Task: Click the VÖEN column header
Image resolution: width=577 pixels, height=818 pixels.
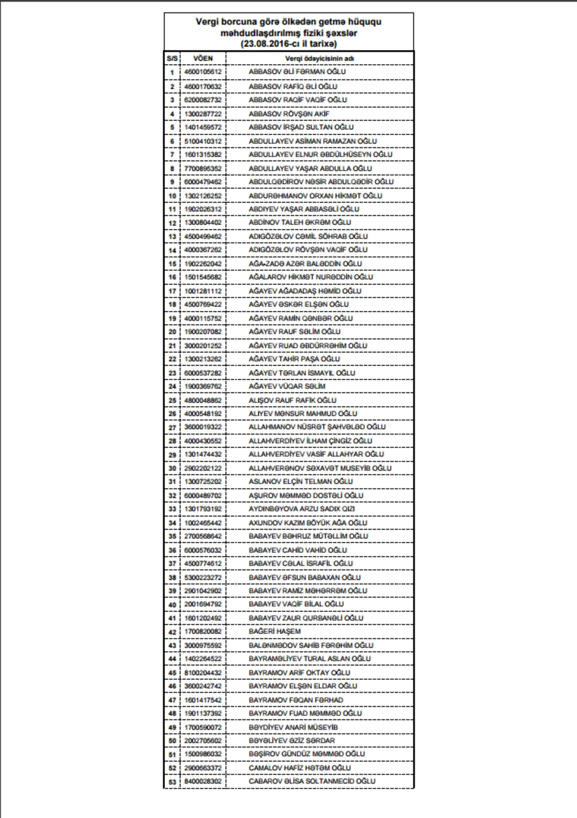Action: [203, 58]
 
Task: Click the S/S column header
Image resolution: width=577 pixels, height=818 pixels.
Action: [172, 59]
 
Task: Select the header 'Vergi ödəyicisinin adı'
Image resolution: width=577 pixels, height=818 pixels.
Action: [319, 59]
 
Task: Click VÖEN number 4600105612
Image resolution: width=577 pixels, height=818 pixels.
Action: [203, 72]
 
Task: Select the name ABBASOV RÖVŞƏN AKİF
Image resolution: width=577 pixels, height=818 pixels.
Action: [289, 114]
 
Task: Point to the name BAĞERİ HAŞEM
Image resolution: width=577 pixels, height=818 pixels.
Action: [275, 631]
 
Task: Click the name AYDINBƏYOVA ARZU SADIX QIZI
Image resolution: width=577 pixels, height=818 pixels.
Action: [301, 509]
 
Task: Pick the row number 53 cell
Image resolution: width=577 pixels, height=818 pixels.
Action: [172, 782]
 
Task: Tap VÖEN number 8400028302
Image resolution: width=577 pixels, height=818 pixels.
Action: [203, 781]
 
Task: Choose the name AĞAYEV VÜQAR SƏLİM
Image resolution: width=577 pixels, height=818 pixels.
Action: [287, 386]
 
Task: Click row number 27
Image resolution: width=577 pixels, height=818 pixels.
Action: [172, 427]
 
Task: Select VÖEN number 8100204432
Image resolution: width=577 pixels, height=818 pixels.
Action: [203, 673]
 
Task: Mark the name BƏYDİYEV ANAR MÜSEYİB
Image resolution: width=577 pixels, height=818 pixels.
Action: [293, 727]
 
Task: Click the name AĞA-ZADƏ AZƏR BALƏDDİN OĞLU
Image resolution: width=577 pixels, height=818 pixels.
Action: [305, 264]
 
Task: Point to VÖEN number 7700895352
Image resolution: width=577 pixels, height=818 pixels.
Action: [203, 168]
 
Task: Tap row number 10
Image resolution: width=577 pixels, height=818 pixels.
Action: [172, 196]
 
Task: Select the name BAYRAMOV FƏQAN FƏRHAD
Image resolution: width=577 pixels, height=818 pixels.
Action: [296, 700]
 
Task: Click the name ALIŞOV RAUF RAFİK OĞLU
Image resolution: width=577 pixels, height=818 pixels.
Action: [292, 400]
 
